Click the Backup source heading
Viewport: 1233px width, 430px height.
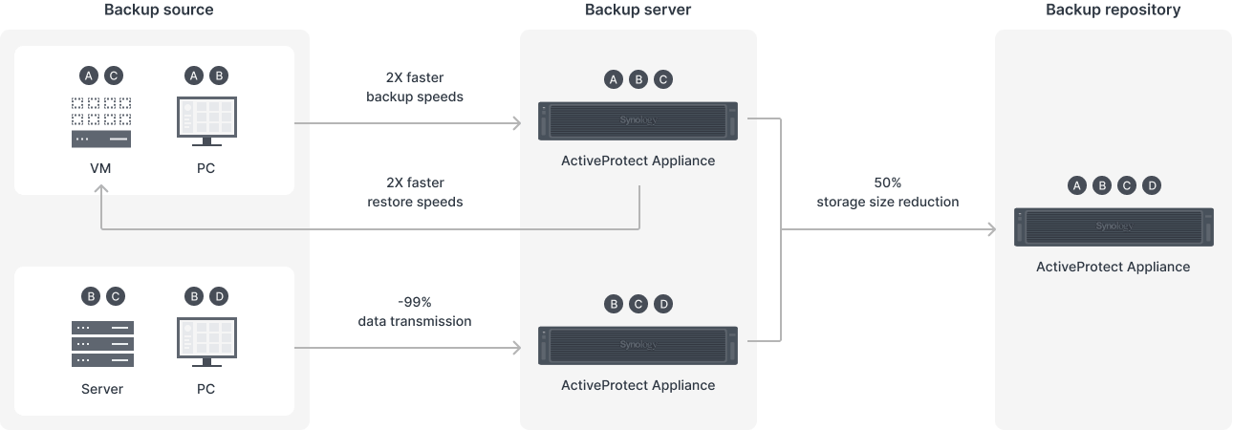pos(159,11)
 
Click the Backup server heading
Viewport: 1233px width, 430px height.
pos(638,11)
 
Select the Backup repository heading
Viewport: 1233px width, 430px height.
pos(1113,11)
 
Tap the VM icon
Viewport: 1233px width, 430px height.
pos(101,122)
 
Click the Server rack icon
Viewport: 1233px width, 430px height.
pos(102,343)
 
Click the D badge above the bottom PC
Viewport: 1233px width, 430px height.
pos(218,297)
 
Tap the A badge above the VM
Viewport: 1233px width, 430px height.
pos(89,75)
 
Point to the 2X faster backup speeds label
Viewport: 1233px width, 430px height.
pos(415,88)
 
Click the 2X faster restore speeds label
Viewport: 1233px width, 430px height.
pos(415,192)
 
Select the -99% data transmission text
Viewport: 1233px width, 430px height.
pos(415,312)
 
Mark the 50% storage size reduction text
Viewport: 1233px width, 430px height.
pos(887,192)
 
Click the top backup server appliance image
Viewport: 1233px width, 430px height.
pos(638,121)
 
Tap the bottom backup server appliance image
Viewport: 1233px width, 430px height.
pos(638,345)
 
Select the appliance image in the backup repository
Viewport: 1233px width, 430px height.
pos(1113,227)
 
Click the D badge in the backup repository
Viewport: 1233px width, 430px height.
pos(1151,185)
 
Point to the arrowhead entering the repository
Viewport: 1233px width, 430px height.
pos(990,229)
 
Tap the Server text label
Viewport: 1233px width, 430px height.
pos(102,389)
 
